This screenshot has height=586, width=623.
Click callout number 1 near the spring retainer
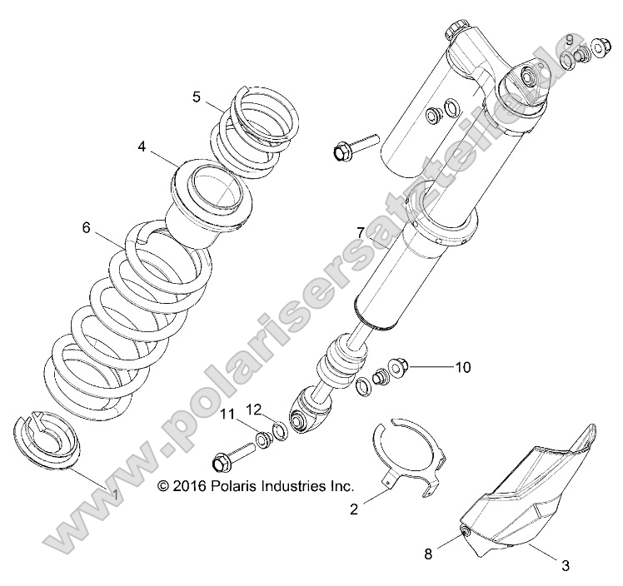(x=115, y=494)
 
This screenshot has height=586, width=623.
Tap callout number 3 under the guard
(x=565, y=566)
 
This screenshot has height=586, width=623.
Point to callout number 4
(x=142, y=147)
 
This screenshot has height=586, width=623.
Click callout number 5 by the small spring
(x=197, y=97)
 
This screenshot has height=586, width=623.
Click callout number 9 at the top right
(x=570, y=40)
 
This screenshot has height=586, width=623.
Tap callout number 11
(x=227, y=413)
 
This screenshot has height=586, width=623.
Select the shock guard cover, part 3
(x=533, y=499)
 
